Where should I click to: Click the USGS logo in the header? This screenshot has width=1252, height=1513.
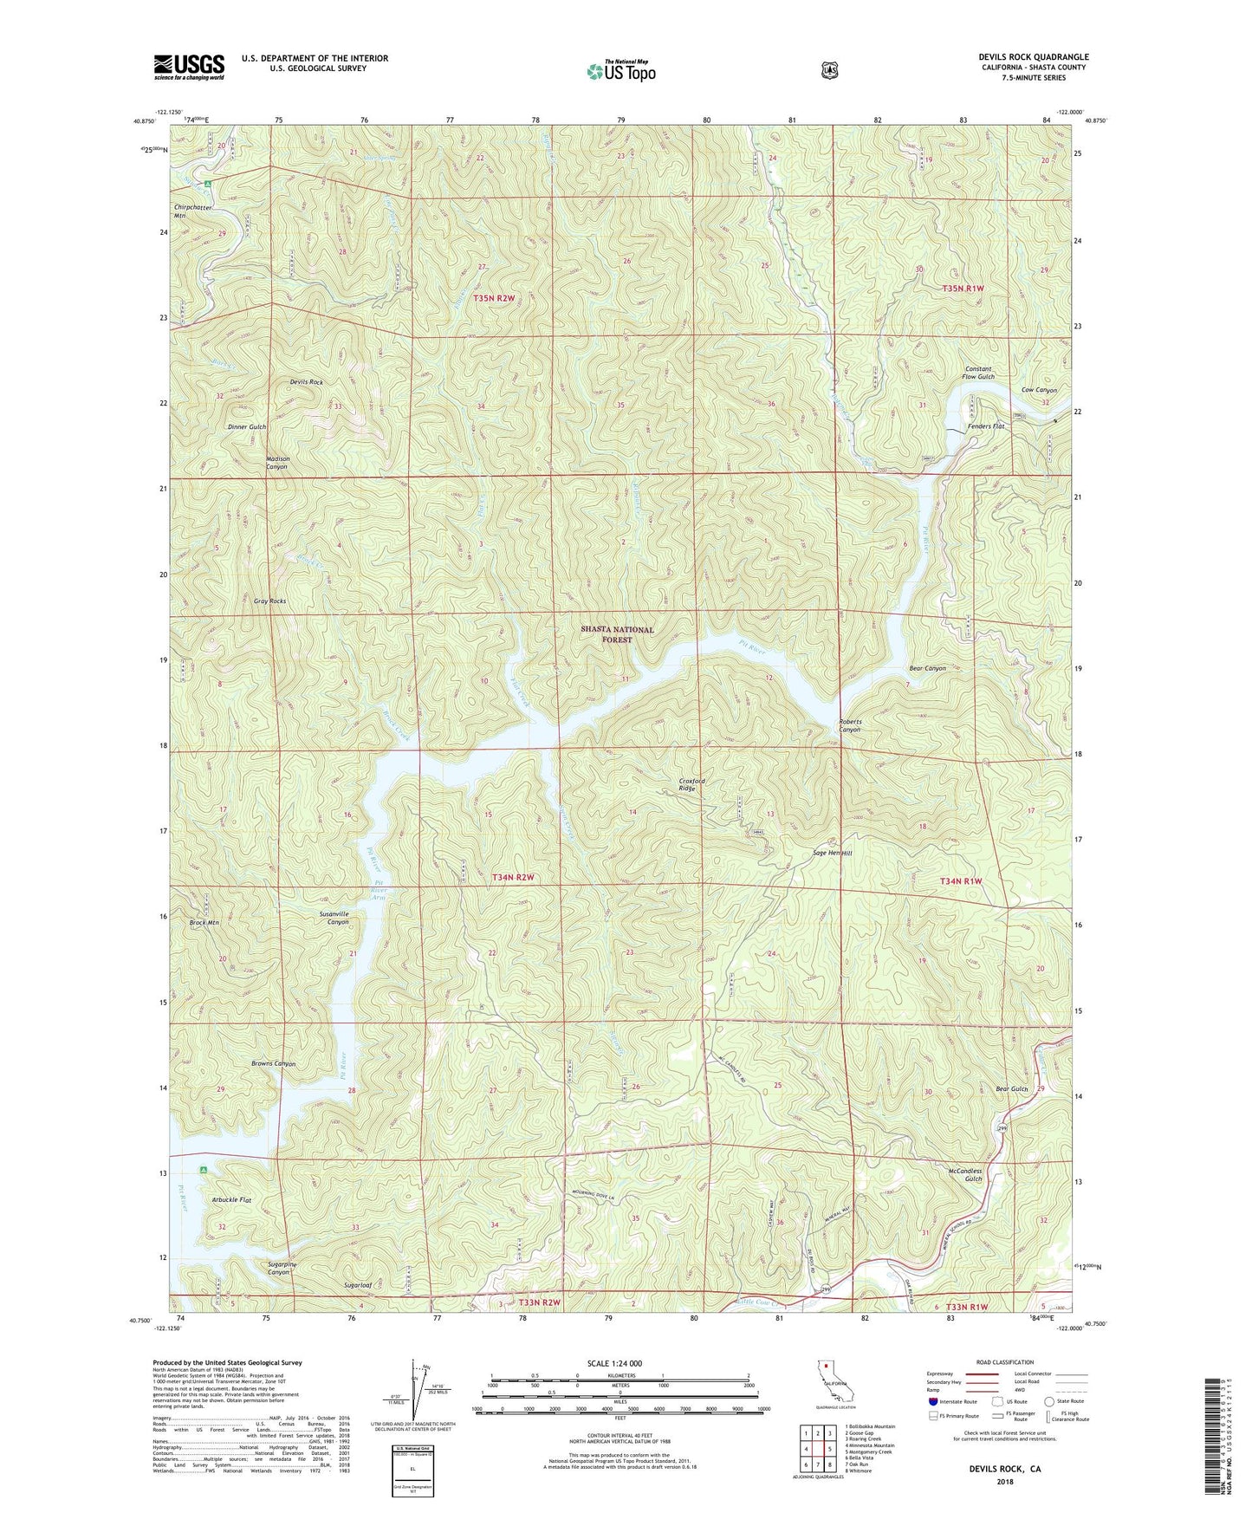point(189,67)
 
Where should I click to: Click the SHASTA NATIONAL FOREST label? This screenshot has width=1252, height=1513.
point(617,634)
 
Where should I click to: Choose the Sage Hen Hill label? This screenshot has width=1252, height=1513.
point(832,854)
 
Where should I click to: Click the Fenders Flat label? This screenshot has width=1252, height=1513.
point(985,426)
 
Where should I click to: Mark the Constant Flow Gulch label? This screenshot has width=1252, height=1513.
point(978,373)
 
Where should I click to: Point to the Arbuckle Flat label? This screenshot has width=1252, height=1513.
point(231,1200)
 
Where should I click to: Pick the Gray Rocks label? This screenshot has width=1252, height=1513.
point(269,601)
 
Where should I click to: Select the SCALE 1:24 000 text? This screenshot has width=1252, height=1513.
point(614,1363)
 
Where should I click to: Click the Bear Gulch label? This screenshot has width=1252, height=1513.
point(1011,1089)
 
